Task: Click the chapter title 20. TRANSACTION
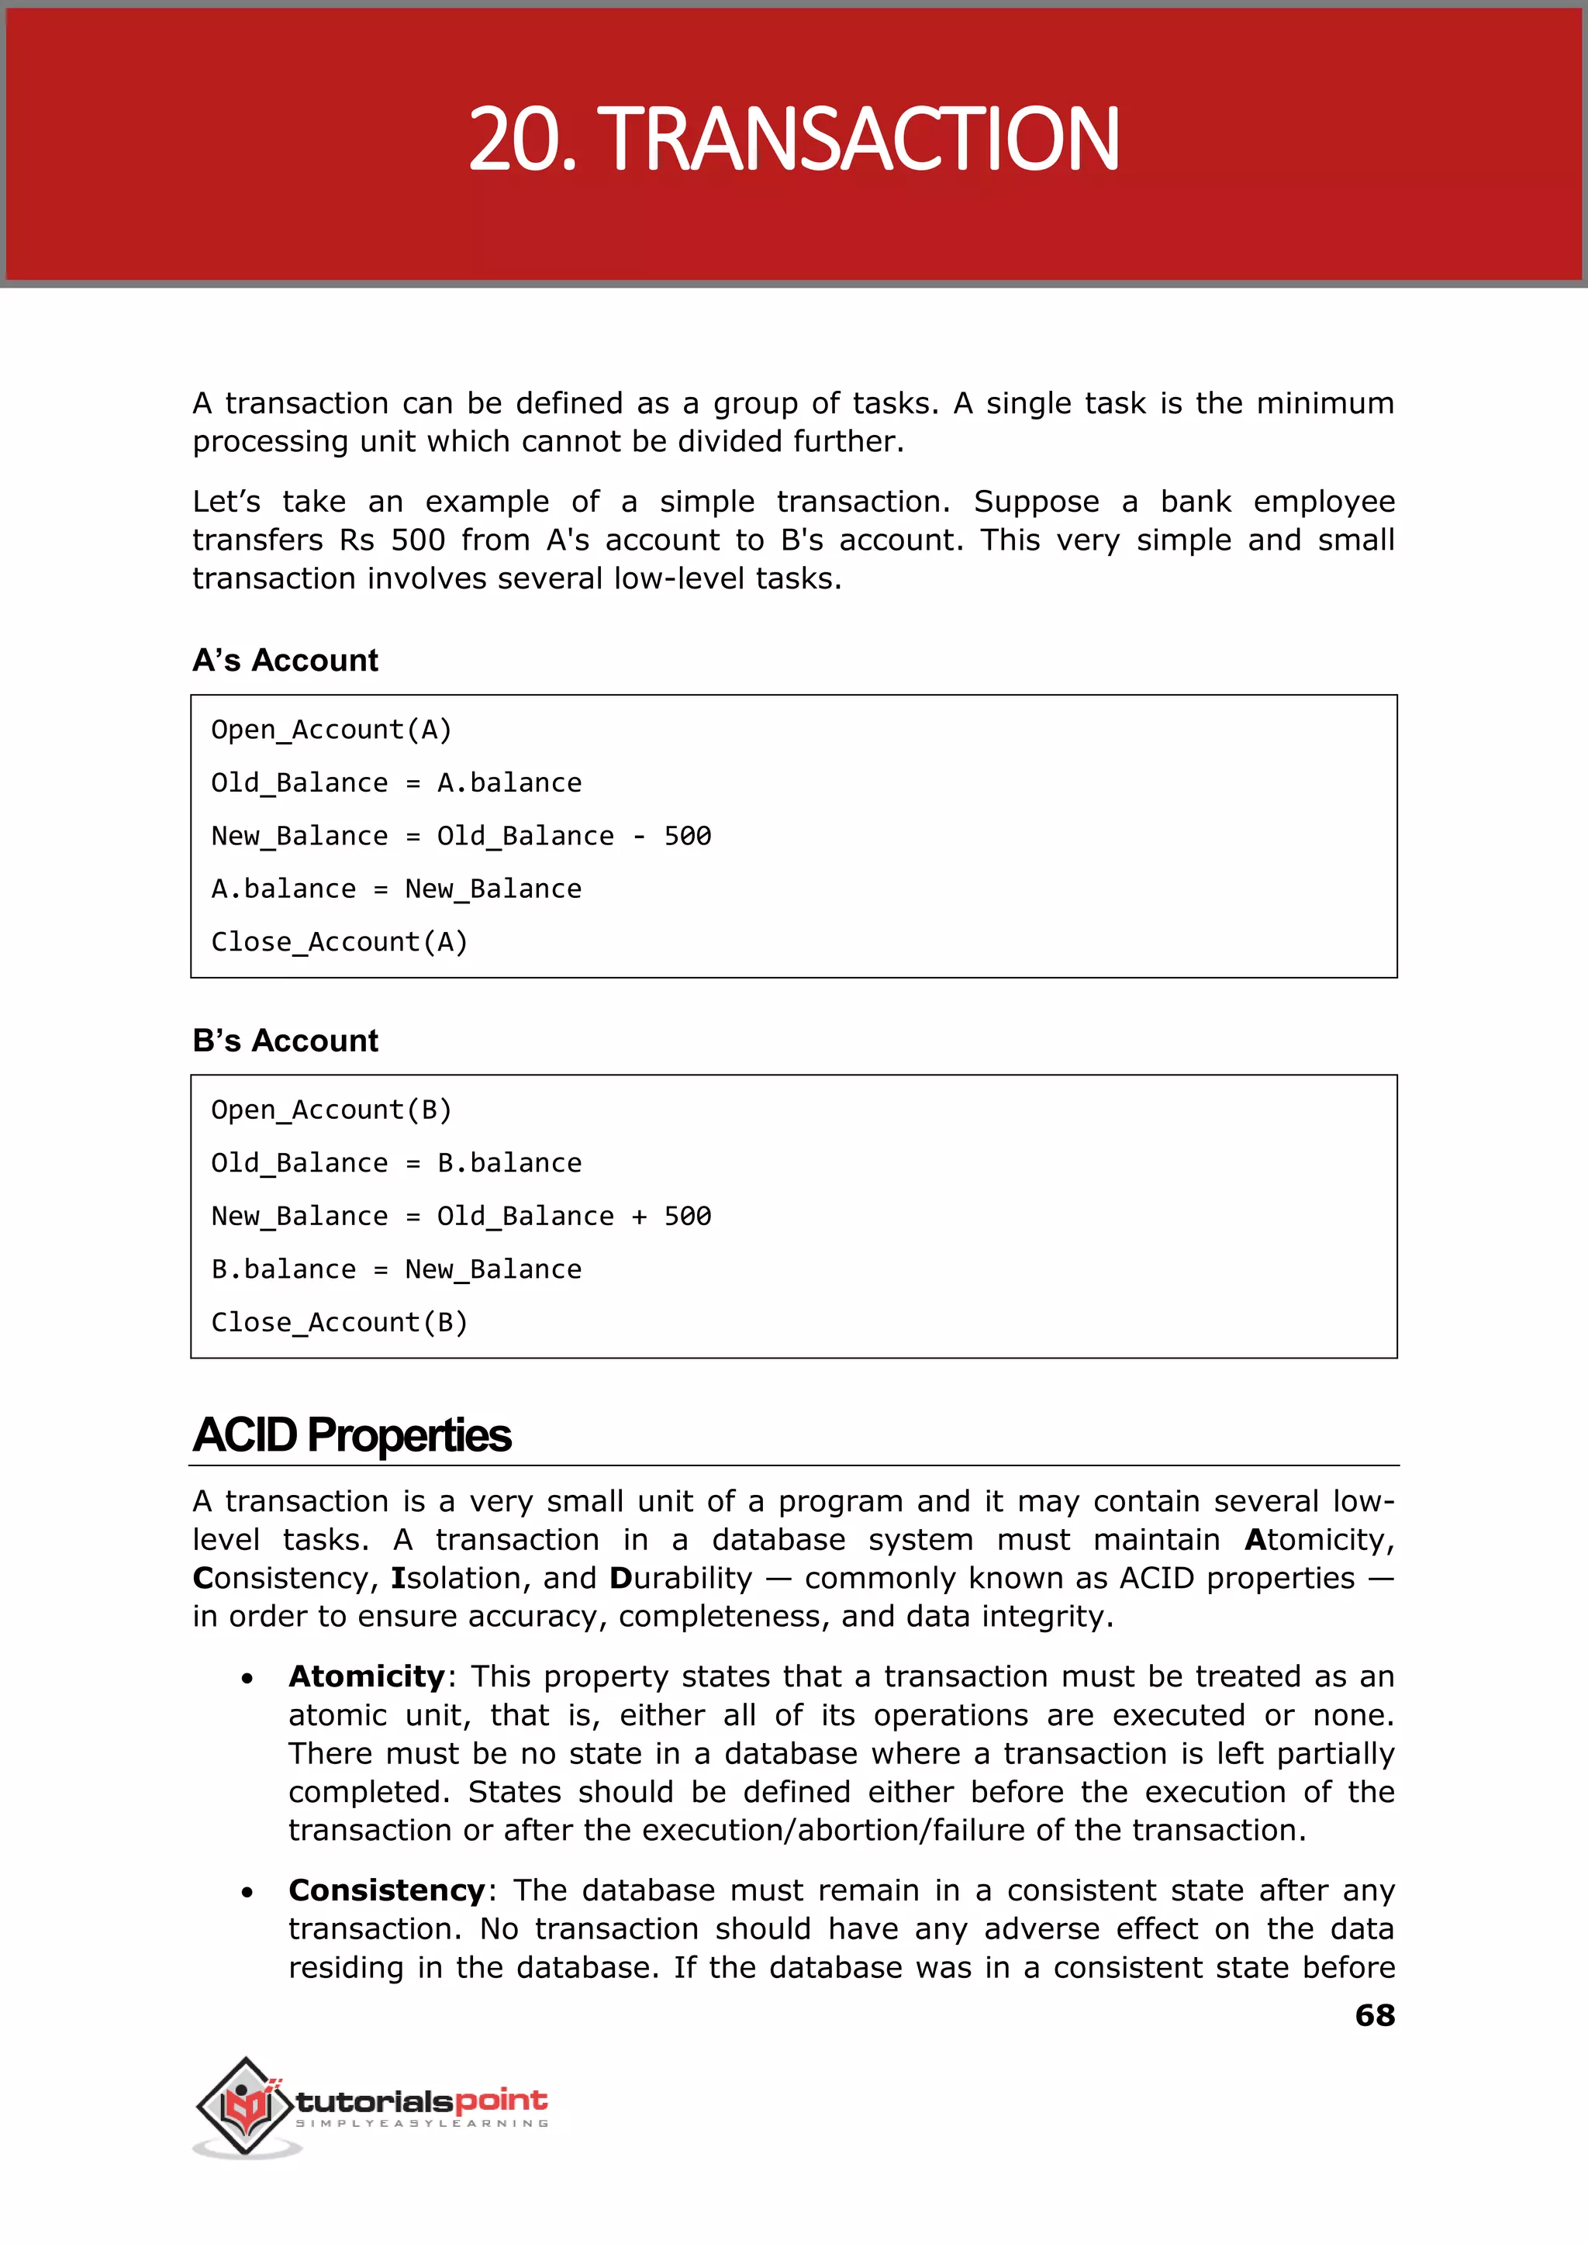coord(793,139)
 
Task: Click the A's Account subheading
coord(285,661)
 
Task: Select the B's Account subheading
coord(285,1041)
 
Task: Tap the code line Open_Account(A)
coord(332,730)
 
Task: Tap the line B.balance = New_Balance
coord(396,1269)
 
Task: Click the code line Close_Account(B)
coord(340,1323)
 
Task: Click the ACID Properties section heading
coord(352,1435)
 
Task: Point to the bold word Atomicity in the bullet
coord(367,1677)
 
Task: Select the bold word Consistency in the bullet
coord(386,1890)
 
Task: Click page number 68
coord(1374,2016)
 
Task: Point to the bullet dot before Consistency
coord(247,1893)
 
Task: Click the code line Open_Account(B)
coord(332,1110)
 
